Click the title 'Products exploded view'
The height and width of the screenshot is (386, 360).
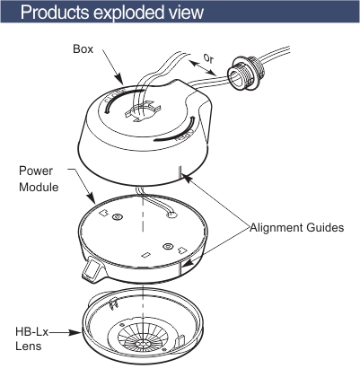(112, 13)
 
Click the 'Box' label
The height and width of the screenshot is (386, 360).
(83, 49)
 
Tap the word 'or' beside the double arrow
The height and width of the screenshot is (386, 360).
(208, 58)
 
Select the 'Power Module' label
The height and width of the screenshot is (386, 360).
(39, 179)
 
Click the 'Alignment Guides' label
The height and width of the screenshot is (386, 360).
(297, 228)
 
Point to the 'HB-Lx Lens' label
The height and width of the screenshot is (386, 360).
(31, 339)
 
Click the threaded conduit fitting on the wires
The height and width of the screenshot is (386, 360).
(246, 73)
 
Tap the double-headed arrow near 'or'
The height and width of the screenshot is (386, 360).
(202, 67)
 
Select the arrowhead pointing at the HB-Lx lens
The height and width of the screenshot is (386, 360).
(75, 332)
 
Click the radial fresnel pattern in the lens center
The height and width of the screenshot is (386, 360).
(143, 339)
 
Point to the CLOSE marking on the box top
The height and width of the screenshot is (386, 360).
(116, 96)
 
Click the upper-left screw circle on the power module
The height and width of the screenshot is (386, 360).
(118, 216)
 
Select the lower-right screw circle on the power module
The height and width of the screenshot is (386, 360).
(168, 246)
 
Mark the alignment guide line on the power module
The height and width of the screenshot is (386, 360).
(180, 266)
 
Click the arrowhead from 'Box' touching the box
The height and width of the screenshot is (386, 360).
(119, 79)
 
